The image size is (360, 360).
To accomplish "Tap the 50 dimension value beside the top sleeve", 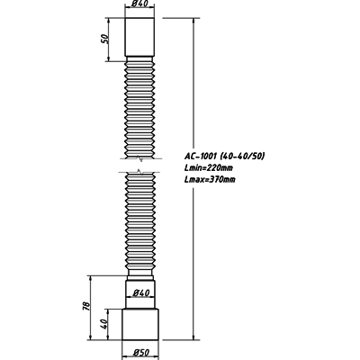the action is (104, 39).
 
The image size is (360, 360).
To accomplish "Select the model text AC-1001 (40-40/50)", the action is (224, 157).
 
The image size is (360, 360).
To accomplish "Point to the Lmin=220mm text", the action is (209, 168).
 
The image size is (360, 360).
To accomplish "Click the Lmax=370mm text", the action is (210, 180).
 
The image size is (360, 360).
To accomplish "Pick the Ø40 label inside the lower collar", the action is (140, 292).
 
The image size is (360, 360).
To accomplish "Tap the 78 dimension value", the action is (85, 305).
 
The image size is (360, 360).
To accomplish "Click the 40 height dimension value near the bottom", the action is (103, 324).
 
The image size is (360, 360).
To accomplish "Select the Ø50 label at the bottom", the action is (140, 353).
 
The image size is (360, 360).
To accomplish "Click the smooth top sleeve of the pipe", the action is (139, 37).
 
